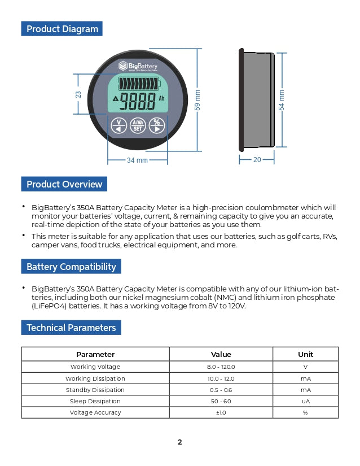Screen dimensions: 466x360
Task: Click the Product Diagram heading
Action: pos(62,29)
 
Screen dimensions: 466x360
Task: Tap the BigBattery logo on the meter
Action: pos(137,66)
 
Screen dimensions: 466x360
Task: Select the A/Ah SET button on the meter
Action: pos(137,125)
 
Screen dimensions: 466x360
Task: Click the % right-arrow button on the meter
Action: pos(157,125)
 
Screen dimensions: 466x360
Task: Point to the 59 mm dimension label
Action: pos(197,100)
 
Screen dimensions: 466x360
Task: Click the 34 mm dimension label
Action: pos(137,160)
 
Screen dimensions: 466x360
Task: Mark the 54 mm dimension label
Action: pos(282,100)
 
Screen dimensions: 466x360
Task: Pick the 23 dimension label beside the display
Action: pos(78,94)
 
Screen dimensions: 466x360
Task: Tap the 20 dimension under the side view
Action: pos(257,160)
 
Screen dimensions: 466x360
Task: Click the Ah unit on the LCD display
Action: pos(161,106)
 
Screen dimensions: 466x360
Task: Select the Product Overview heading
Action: pos(64,184)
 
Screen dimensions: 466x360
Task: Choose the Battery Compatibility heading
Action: pos(71,267)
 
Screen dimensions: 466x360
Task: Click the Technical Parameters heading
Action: pos(71,328)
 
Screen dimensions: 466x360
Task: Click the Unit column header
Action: pos(305,354)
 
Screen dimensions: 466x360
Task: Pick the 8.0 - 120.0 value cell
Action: pos(221,367)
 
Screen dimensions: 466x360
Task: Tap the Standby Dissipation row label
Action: pos(95,390)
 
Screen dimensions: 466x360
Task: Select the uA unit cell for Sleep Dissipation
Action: pos(305,401)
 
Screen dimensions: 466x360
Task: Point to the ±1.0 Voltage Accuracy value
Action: pos(221,412)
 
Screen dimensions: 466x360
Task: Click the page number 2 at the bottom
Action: pos(180,442)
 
